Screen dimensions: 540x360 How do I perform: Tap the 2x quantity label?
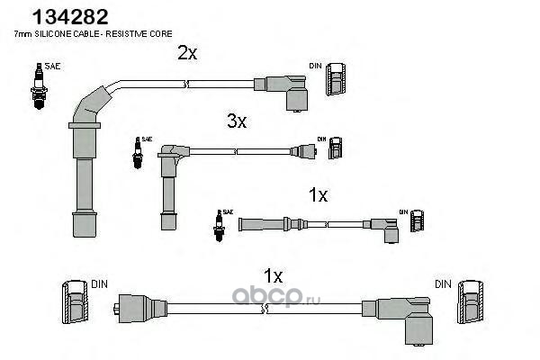tap(186, 53)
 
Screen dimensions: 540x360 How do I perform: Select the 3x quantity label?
tap(236, 121)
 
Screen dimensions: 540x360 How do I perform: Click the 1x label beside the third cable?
tap(318, 194)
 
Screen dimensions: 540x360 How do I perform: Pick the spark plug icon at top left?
tap(38, 86)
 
